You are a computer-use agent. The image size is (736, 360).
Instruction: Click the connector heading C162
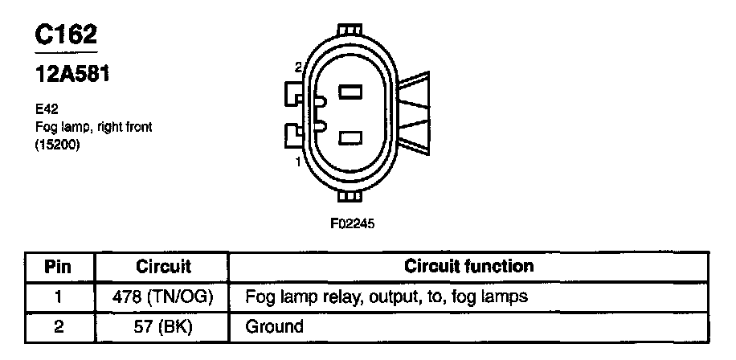(67, 35)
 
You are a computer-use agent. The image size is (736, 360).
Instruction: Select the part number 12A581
(72, 75)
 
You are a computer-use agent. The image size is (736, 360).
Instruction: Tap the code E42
(46, 107)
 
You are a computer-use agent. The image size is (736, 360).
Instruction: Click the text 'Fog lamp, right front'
(94, 127)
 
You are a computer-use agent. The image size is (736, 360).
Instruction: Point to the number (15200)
(57, 146)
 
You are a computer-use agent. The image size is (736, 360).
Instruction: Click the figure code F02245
(352, 223)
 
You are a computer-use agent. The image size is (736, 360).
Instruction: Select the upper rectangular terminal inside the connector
(350, 92)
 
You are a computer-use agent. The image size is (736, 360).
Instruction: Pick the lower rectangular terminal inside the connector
(350, 138)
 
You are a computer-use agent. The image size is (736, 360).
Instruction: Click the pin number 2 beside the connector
(298, 67)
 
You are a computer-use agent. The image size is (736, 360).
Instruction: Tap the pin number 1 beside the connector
(299, 163)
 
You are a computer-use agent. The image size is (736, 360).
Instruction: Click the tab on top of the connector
(351, 31)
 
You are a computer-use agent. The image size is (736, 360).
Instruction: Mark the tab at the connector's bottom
(351, 198)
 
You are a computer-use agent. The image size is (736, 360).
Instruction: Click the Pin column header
(58, 266)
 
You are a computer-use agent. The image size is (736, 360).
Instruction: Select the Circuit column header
(163, 266)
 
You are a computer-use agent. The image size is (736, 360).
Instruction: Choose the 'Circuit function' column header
(468, 266)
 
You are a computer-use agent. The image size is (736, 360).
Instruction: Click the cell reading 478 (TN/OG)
(163, 297)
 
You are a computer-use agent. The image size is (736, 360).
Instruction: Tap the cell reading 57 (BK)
(163, 326)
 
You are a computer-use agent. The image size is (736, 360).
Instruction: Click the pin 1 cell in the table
(58, 297)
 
